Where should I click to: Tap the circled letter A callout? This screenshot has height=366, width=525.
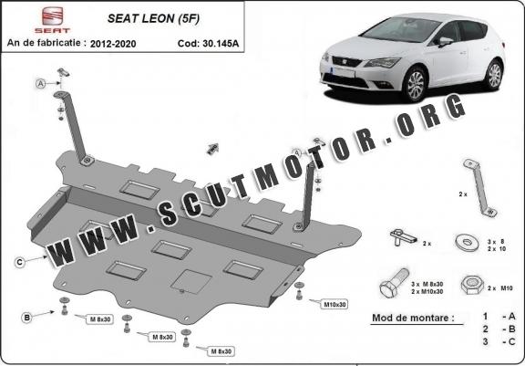pyautogui.click(x=41, y=84)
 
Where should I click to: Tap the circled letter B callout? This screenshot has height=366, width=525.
pyautogui.click(x=27, y=317)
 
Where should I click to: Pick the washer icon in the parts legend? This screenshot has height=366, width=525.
pyautogui.click(x=469, y=242)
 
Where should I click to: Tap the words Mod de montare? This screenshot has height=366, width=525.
pyautogui.click(x=413, y=319)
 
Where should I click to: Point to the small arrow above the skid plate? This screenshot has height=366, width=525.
pyautogui.click(x=214, y=147)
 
